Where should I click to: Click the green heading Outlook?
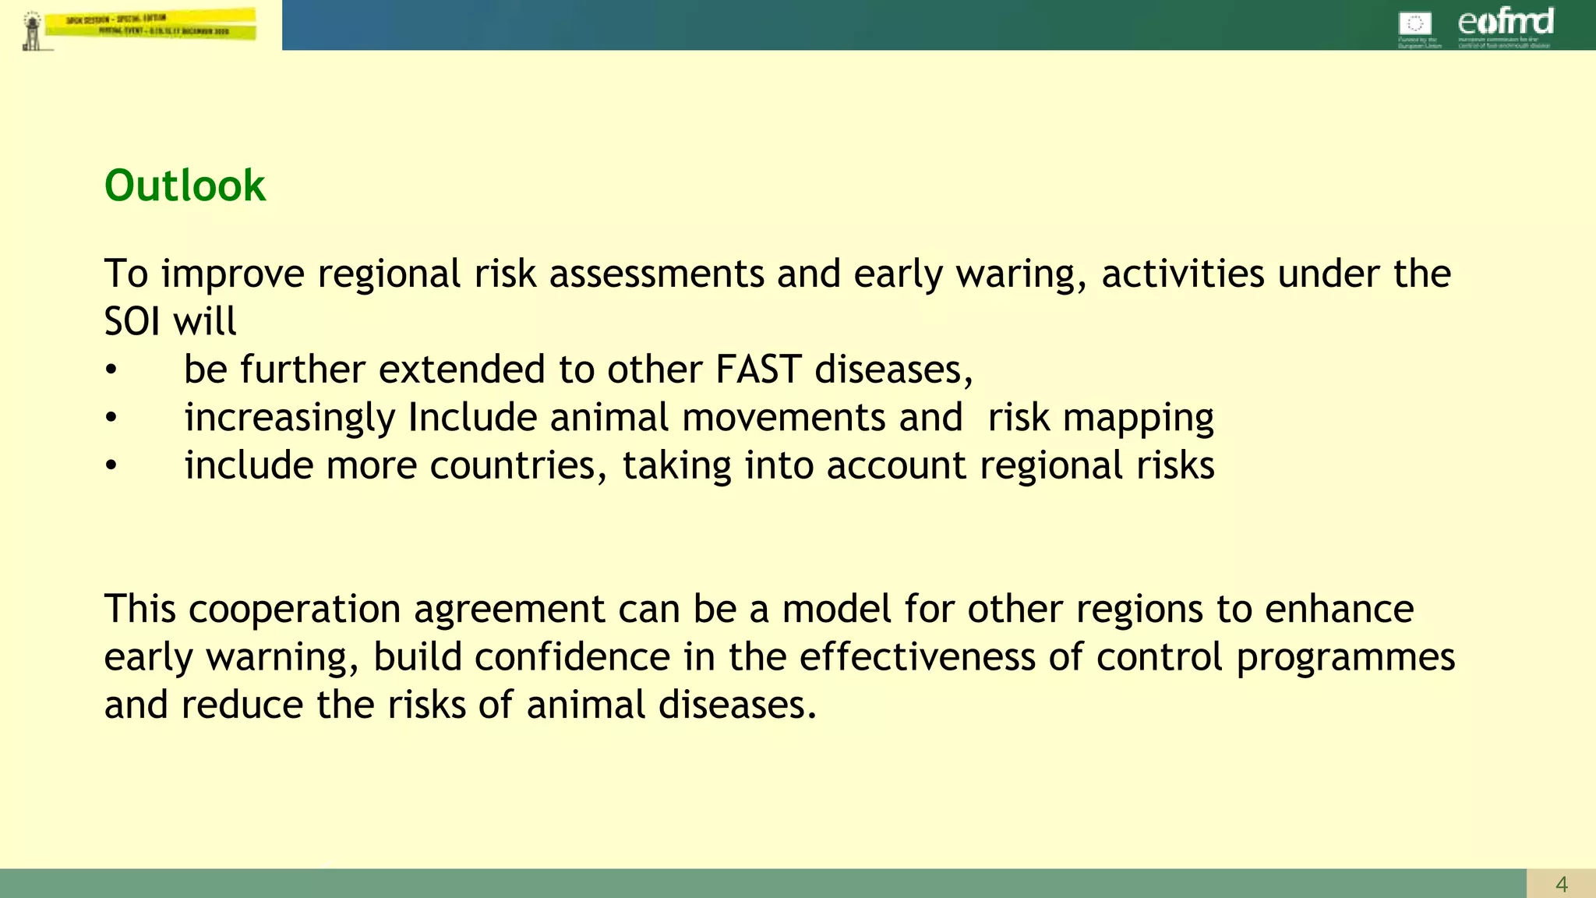coord(185,186)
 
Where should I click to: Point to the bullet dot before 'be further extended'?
coord(111,371)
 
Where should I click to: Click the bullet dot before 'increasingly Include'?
coord(111,419)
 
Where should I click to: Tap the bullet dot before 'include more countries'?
coord(111,467)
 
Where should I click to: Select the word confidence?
coord(572,657)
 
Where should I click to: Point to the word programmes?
coord(1345,658)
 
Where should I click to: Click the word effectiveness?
coord(917,657)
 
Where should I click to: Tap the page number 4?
coord(1561,884)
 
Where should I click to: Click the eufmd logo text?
coord(1505,22)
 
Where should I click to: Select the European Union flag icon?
coord(1415,24)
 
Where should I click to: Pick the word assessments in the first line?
coord(656,274)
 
